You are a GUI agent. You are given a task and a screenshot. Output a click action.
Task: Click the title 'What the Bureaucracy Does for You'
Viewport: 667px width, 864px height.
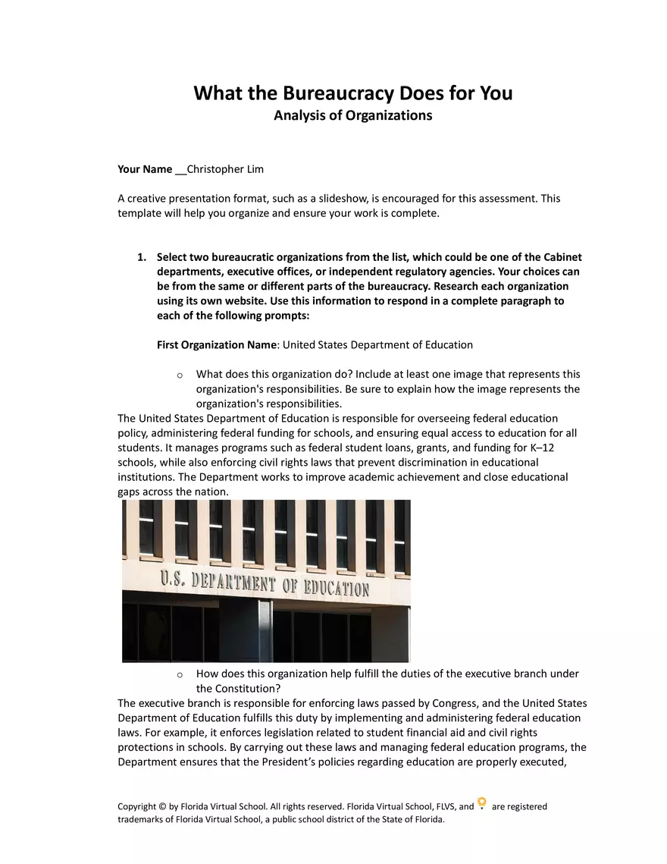coord(352,93)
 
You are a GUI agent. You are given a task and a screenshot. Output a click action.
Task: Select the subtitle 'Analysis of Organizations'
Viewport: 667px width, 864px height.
coord(352,115)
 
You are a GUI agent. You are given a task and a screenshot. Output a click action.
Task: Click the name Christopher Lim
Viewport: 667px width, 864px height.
coord(225,169)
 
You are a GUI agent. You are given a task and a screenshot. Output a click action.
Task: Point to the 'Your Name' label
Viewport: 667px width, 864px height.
coord(144,169)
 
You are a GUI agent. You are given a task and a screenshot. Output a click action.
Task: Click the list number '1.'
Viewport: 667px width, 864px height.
coord(142,257)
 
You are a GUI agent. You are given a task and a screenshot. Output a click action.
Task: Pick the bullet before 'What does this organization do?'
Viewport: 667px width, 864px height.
coord(179,375)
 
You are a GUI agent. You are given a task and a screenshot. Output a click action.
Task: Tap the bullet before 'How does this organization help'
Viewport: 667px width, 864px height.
coord(179,674)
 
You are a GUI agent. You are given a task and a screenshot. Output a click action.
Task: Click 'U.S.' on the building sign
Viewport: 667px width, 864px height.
coord(172,580)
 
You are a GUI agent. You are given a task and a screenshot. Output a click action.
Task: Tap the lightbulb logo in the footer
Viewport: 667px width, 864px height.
coord(482,804)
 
